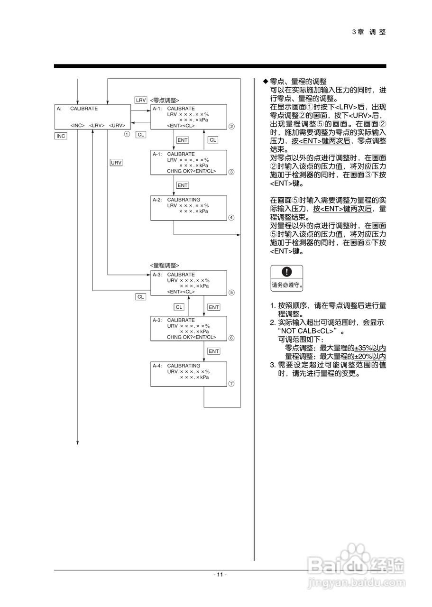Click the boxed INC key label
(61, 136)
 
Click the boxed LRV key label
(140, 100)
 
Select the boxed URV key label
(116, 163)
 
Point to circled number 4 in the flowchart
(231, 218)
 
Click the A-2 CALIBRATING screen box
(188, 207)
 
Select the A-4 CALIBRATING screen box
(188, 374)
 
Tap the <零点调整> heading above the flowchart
(165, 100)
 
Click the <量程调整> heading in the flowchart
(165, 265)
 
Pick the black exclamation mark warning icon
(286, 272)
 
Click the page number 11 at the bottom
(220, 574)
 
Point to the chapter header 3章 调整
(369, 32)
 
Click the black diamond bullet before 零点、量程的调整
(266, 82)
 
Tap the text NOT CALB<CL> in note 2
(308, 331)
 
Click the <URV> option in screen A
(117, 125)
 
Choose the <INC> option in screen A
(77, 125)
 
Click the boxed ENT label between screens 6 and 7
(213, 351)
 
